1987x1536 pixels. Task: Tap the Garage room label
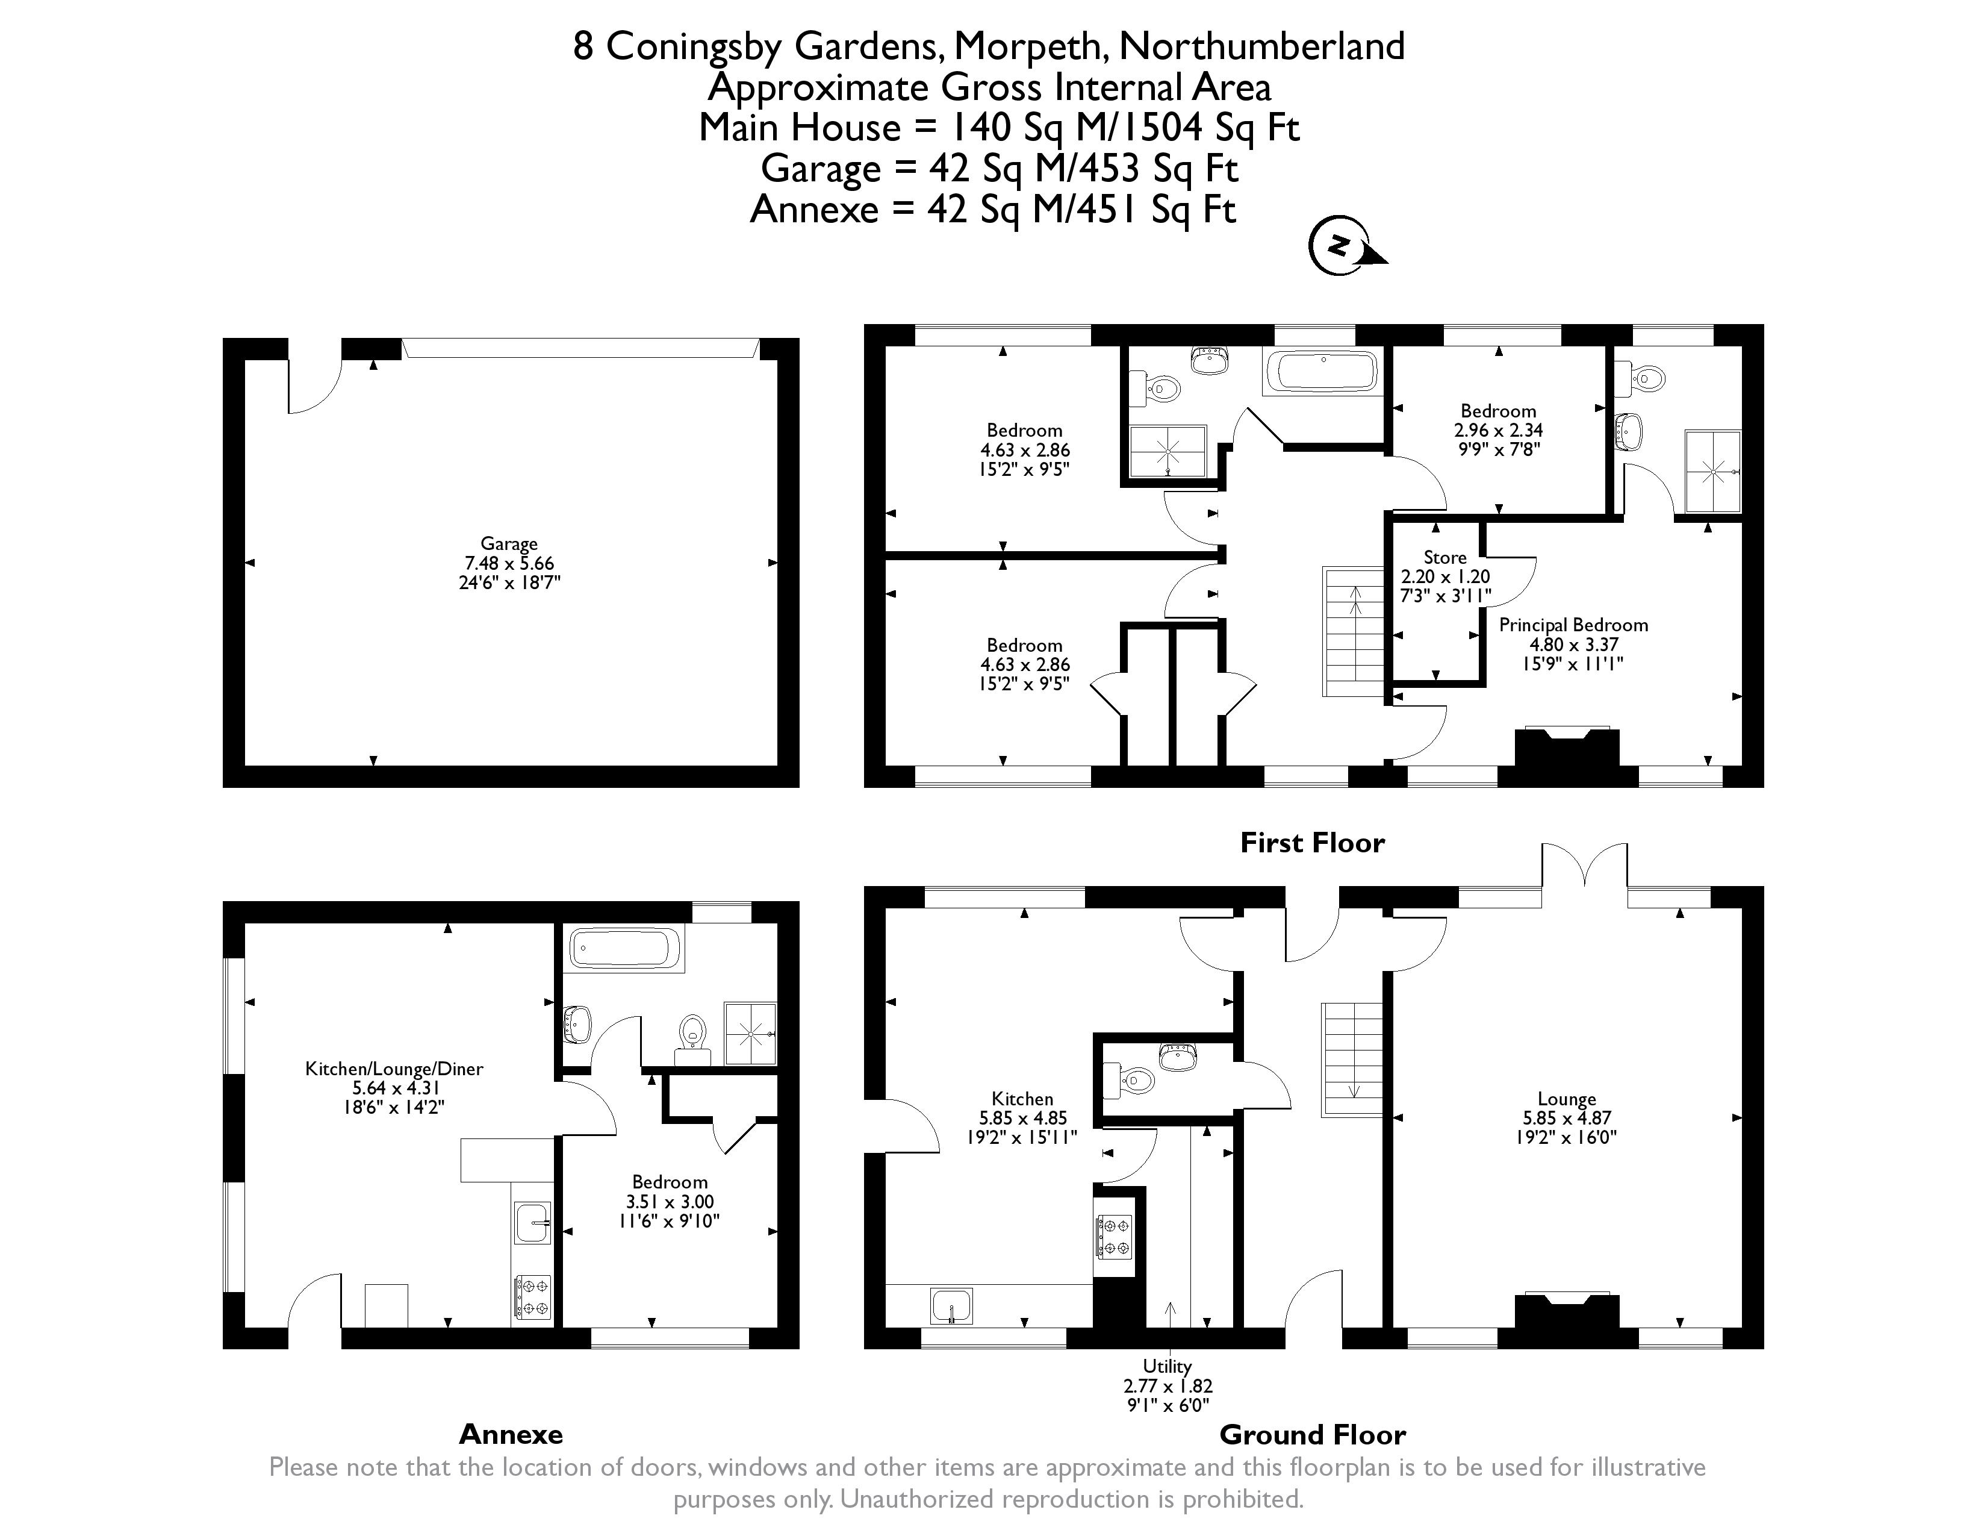[509, 543]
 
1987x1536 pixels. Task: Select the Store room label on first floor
[1444, 557]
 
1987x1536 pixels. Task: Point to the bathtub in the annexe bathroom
[624, 949]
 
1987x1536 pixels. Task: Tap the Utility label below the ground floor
[1168, 1366]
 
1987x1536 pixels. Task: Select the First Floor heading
[1312, 843]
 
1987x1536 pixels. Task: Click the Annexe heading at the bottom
[511, 1435]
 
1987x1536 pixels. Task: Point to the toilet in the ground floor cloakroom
[1136, 1081]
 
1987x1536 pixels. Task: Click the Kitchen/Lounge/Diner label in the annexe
[394, 1069]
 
